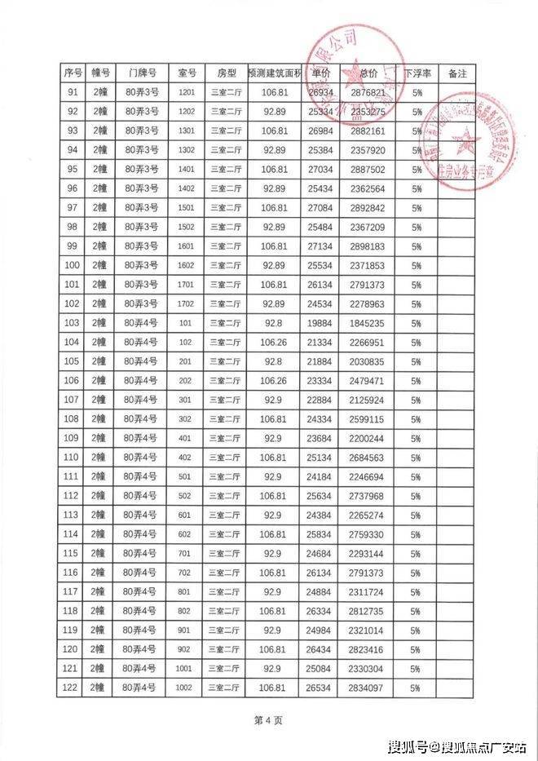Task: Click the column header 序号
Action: [x=70, y=73]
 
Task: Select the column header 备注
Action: [x=456, y=73]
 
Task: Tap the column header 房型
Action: [x=226, y=73]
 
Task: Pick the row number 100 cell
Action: [x=70, y=266]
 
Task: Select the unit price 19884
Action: [x=320, y=323]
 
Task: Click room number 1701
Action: [x=186, y=285]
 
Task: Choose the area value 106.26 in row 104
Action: [x=274, y=343]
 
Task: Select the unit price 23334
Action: [x=320, y=381]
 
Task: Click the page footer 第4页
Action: [x=268, y=721]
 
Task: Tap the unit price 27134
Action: [x=320, y=246]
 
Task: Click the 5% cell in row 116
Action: [x=417, y=573]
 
